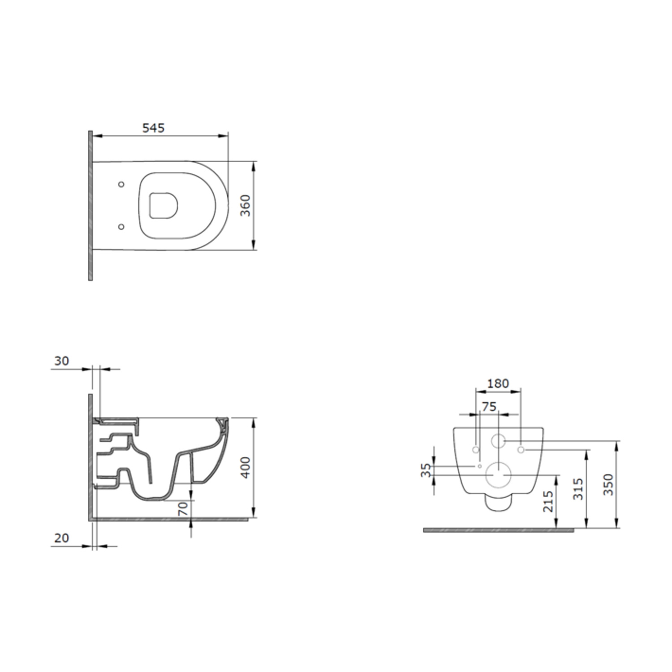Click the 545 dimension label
[154, 128]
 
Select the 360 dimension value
[246, 206]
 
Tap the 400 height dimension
[246, 467]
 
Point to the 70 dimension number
[183, 508]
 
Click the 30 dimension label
[61, 361]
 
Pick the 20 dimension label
[61, 538]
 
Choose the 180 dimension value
[498, 383]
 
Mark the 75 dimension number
[489, 406]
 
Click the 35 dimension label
[426, 470]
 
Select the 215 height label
[548, 501]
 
